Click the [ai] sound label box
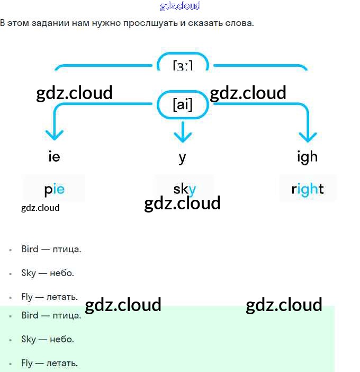[183, 105]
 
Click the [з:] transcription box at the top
[183, 65]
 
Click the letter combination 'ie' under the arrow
[53, 157]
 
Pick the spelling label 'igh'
[308, 157]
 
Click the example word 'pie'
[54, 189]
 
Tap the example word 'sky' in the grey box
[184, 189]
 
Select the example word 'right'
[308, 189]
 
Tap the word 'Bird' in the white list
[30, 249]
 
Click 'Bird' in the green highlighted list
[30, 315]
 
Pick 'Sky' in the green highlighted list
[29, 339]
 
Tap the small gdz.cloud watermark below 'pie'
[40, 208]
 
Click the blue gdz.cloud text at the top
[180, 6]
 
